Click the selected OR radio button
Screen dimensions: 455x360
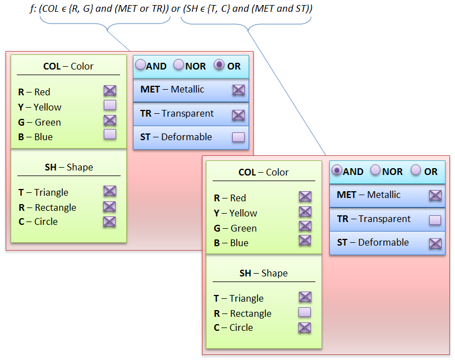[219, 64]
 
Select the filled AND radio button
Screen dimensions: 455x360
[337, 170]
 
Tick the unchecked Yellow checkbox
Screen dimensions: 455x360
[110, 105]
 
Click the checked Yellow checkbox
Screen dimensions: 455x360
[305, 211]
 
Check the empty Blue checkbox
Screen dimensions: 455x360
[110, 135]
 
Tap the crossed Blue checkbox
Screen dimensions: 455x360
[305, 241]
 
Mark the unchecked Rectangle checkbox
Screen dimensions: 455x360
[305, 312]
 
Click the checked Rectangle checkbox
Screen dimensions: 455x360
[109, 206]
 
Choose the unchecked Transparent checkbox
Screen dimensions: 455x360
[435, 220]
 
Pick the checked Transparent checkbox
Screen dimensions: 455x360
[238, 115]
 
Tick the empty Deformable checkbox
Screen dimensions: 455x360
[238, 137]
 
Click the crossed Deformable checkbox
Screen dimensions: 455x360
[435, 243]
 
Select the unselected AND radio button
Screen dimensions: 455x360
[140, 64]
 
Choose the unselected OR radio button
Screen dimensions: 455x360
[416, 170]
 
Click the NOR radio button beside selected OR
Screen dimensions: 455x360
[179, 64]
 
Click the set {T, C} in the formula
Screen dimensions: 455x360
[218, 9]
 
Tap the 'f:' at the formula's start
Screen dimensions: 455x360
[33, 9]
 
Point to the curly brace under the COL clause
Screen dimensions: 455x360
[105, 24]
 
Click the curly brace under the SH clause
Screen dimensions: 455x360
[246, 24]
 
